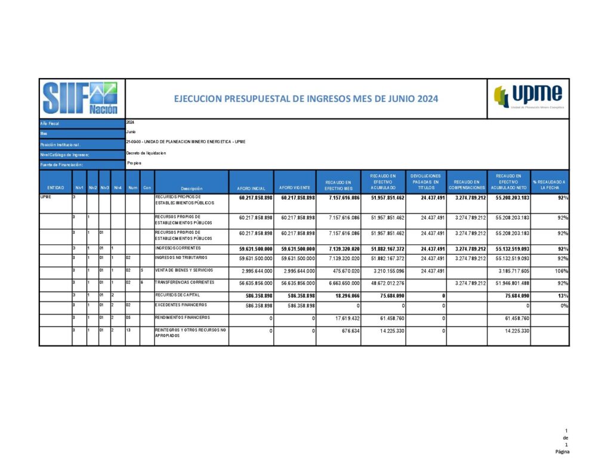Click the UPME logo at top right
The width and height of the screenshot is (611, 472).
[x=529, y=97]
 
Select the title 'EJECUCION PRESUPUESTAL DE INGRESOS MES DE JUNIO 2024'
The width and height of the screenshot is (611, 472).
[x=305, y=98]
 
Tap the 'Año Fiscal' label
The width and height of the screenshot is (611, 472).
[x=51, y=124]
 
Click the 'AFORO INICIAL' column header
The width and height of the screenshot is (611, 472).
[x=251, y=188]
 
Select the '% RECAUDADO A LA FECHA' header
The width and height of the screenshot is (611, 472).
[x=550, y=185]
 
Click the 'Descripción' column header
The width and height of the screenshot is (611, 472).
[x=192, y=188]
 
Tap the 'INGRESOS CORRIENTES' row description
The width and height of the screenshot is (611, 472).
[x=178, y=248]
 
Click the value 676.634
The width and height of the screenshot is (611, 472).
[x=348, y=331]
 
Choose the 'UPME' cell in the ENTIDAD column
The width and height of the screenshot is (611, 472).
[x=46, y=196]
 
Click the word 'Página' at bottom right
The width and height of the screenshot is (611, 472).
[x=562, y=452]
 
